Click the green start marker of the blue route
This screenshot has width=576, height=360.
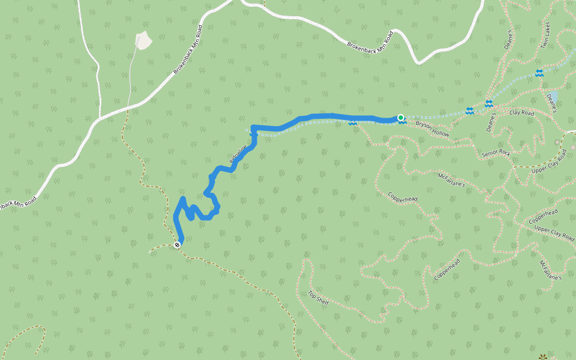tap(400, 118)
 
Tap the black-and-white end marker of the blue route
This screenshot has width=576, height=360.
tap(177, 244)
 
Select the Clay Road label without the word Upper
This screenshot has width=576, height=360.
tap(521, 113)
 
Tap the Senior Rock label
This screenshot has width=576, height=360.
tap(496, 154)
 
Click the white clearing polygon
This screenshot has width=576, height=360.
tap(144, 40)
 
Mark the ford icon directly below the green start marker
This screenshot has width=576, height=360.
tap(402, 122)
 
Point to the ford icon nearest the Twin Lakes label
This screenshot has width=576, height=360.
tap(539, 73)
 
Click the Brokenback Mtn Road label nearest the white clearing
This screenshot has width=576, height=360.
tap(188, 49)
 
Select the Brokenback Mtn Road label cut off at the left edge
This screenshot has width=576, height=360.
tap(17, 202)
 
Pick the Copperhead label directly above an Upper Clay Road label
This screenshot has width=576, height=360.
tap(544, 217)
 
